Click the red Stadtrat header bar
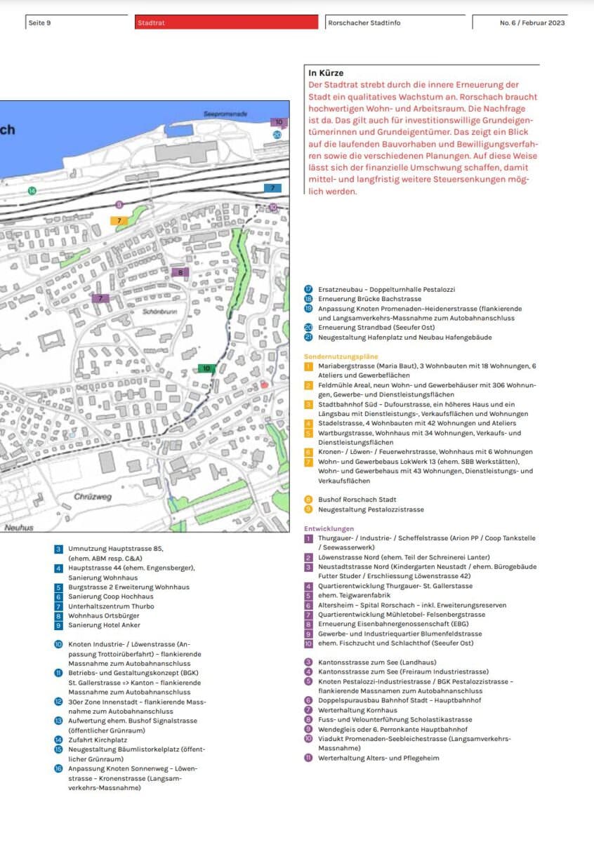(227, 22)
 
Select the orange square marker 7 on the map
(119, 220)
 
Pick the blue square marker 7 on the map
(272, 188)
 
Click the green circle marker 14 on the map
(32, 191)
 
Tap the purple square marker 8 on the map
(180, 272)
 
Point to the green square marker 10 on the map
(206, 368)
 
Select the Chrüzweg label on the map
(93, 497)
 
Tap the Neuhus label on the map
(18, 527)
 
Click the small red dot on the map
(264, 385)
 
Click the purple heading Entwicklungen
(329, 528)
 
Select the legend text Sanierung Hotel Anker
(104, 625)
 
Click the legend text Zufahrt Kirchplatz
(98, 740)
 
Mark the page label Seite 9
(39, 23)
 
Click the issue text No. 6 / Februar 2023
(532, 23)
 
